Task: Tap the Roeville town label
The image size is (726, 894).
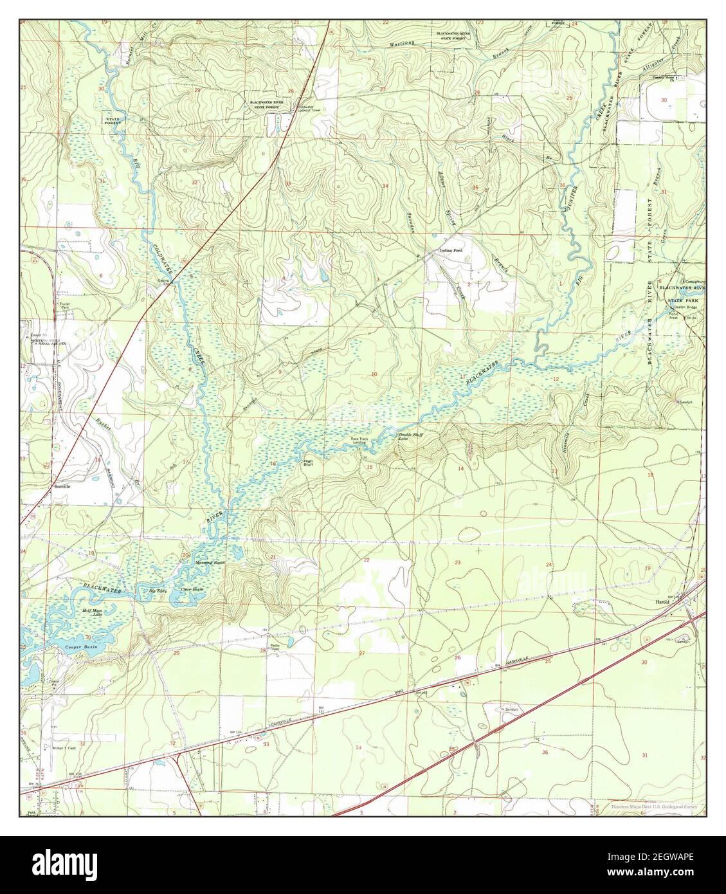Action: pos(62,487)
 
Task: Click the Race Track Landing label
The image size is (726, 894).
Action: pos(359,441)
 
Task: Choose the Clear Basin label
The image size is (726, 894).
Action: pos(192,589)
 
